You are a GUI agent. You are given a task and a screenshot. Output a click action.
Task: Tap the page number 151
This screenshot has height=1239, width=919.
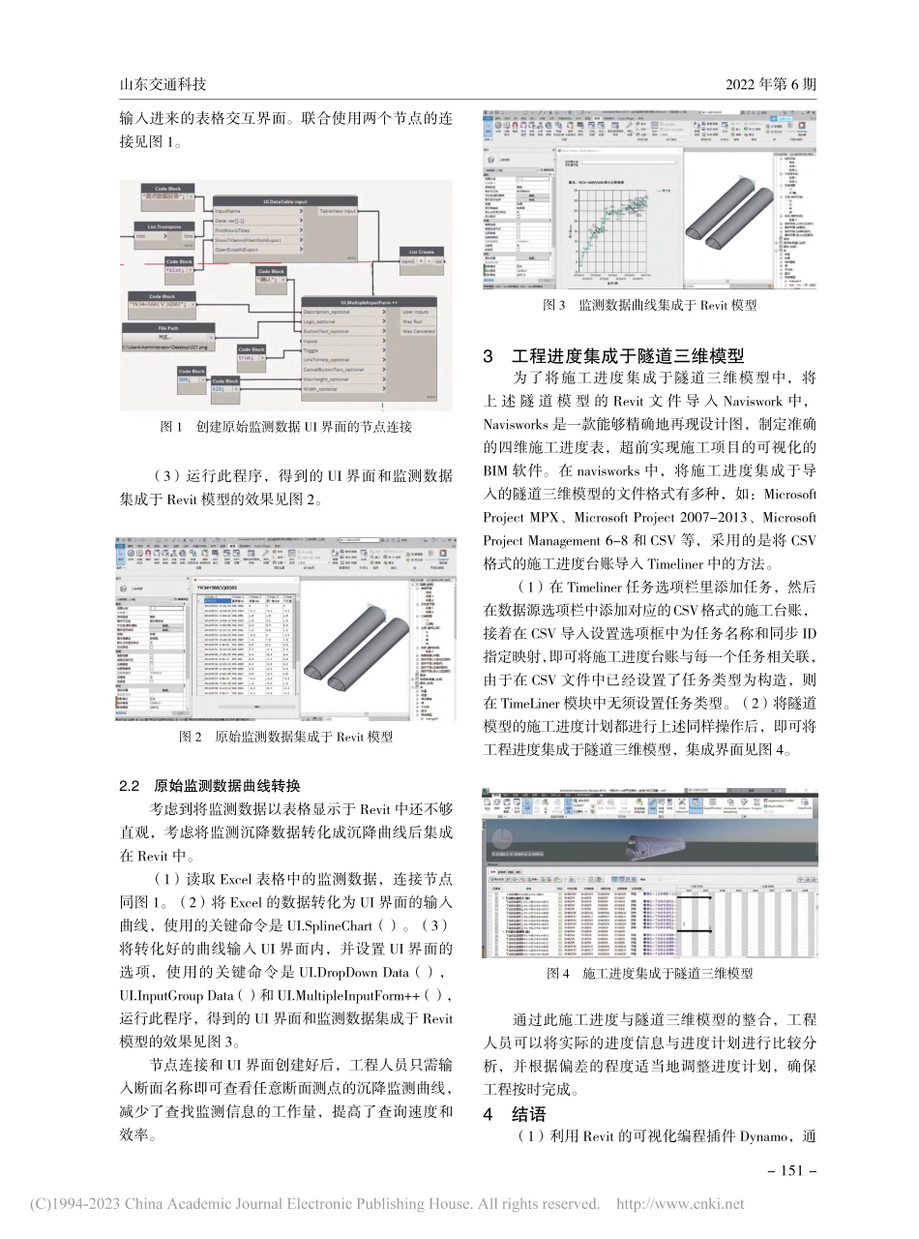(786, 1169)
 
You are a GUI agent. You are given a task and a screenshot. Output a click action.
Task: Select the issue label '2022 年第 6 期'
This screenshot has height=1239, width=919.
(771, 85)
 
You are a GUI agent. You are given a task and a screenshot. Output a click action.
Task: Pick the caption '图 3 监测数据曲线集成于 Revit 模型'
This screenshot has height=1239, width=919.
(649, 305)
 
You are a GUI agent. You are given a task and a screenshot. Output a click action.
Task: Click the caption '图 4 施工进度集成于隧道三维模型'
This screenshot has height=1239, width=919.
(650, 973)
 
